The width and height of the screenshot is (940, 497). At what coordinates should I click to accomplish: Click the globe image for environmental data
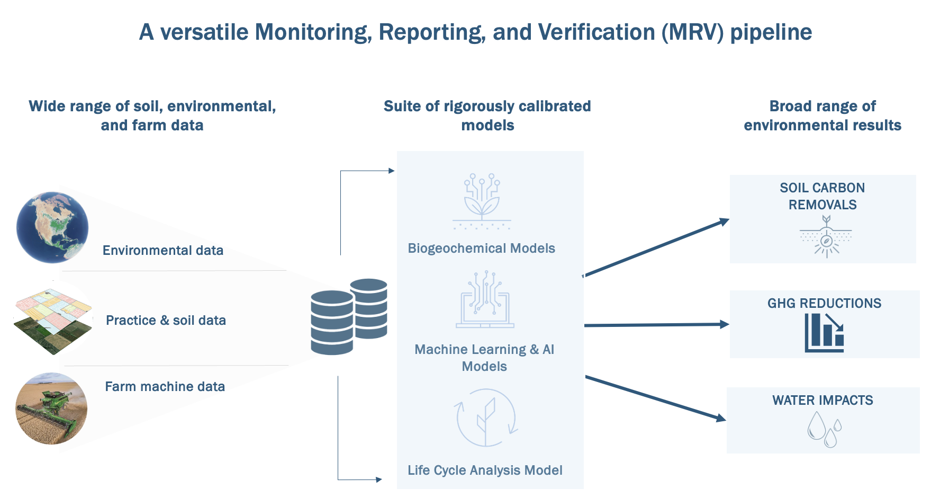coord(52,227)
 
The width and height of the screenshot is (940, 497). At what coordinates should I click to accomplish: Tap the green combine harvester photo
coord(51,409)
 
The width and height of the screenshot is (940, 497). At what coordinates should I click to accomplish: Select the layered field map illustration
coord(52,321)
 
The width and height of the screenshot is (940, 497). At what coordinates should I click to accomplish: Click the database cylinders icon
coord(349,316)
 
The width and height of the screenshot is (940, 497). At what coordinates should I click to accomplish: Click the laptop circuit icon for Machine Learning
coord(485,300)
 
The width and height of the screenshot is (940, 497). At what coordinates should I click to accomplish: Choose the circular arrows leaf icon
coord(486,418)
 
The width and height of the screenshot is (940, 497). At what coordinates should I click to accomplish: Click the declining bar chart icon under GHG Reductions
coord(824,333)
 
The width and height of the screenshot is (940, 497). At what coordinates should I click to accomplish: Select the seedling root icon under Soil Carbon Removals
coord(826,236)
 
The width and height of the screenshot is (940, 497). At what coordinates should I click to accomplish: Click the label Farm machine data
coord(165,386)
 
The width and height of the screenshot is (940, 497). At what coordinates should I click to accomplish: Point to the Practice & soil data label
coord(166,320)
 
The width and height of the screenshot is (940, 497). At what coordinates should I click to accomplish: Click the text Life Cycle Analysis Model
coord(485,470)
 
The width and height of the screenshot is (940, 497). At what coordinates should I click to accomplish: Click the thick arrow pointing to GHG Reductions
coord(656,325)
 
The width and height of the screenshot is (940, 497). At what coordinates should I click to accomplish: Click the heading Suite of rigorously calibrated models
coord(487,116)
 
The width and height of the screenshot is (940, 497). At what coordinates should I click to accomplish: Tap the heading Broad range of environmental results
coord(822,116)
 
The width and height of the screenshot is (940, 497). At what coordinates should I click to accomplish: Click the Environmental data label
coord(162,250)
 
